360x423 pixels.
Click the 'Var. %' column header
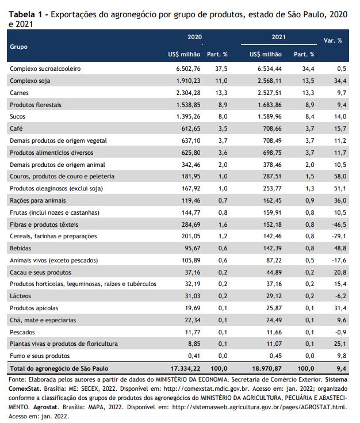[332, 40]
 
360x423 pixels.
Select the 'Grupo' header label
[18, 47]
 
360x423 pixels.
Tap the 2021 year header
[278, 37]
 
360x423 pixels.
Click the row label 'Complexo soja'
[30, 81]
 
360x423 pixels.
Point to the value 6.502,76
[188, 69]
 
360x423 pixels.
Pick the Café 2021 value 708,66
[273, 128]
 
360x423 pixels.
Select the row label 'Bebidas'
[21, 248]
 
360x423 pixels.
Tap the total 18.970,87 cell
[267, 368]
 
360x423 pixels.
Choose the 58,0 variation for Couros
[340, 177]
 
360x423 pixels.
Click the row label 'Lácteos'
[20, 296]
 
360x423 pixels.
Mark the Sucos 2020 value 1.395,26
[188, 116]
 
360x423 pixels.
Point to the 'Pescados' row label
[22, 332]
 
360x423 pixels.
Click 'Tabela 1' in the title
[25, 14]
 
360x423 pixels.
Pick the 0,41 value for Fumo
[194, 356]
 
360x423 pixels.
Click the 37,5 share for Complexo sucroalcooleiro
[221, 69]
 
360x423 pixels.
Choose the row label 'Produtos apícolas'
[34, 308]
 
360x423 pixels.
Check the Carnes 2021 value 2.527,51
[269, 93]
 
